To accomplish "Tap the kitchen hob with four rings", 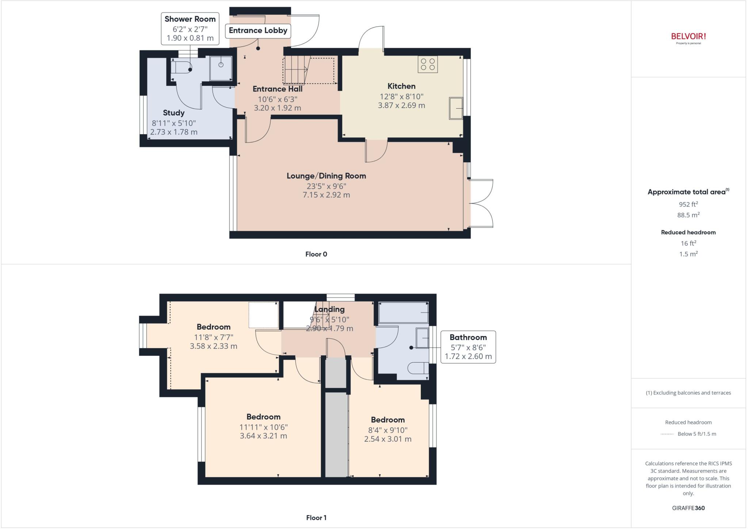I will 428,64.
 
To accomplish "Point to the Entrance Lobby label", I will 258,30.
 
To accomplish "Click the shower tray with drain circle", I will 221,68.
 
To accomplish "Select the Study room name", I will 173,113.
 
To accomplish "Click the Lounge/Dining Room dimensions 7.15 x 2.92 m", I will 326,195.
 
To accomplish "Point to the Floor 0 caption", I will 316,254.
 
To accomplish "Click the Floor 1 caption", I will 316,518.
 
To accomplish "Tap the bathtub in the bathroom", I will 403,313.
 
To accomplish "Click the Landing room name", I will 329,309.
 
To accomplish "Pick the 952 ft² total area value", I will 688,204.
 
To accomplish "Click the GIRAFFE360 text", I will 688,508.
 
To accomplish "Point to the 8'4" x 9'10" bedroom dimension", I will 388,430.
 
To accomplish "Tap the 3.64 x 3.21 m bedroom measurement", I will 263,436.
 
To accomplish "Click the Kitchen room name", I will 401,86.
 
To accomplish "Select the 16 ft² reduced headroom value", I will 688,243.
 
